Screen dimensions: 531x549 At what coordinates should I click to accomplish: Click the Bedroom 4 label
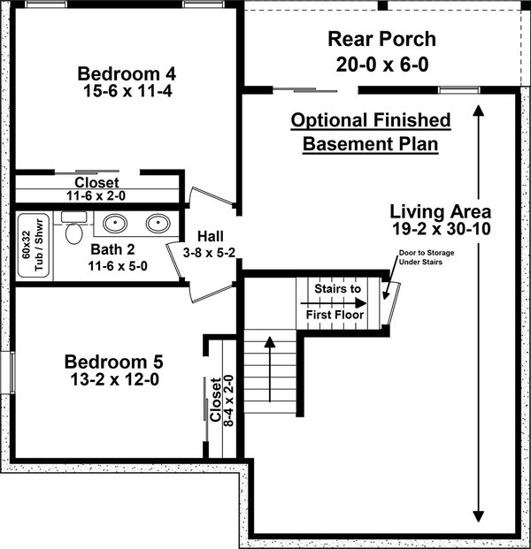[x=127, y=73]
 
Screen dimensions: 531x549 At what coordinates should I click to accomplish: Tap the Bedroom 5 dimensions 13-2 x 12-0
[x=115, y=379]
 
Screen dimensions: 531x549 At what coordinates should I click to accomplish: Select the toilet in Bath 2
[x=74, y=227]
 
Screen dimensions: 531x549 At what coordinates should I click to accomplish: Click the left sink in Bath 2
[x=115, y=223]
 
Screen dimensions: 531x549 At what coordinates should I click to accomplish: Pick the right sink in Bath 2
[x=158, y=223]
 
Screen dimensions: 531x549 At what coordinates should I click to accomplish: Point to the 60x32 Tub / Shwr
[x=34, y=245]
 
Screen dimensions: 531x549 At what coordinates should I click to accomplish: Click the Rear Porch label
[x=382, y=39]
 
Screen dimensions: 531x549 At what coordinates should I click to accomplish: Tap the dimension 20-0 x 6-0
[x=382, y=65]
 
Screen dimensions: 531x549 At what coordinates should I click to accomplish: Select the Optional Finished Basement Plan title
[x=371, y=132]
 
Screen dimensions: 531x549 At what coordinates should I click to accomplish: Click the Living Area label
[x=441, y=211]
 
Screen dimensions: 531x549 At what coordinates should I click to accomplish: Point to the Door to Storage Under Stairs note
[x=427, y=257]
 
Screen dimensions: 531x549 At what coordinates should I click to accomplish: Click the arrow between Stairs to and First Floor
[x=334, y=303]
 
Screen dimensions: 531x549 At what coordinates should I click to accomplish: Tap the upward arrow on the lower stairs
[x=270, y=369]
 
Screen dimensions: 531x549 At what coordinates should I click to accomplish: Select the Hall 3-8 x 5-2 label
[x=209, y=244]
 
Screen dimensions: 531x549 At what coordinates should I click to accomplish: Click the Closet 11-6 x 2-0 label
[x=96, y=189]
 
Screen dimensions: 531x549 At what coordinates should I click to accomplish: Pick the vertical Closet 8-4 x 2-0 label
[x=221, y=400]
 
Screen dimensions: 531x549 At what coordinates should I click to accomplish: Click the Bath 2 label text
[x=112, y=249]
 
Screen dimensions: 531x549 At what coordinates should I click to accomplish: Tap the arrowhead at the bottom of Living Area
[x=479, y=516]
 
